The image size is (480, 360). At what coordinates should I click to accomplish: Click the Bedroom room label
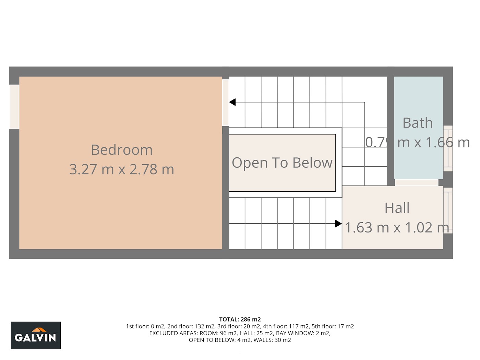coord(122,150)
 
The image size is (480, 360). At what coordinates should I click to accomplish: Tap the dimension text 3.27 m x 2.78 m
coord(122,169)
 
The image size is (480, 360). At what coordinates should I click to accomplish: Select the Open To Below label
coord(282,163)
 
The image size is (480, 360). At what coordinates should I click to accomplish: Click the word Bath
coord(418,123)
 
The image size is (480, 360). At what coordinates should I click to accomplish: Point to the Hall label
coord(397,208)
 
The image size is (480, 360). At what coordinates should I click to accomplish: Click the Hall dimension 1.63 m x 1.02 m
coord(397,227)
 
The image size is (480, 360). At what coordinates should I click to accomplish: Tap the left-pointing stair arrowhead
coord(232,102)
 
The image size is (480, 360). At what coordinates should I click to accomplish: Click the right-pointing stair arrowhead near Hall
coord(338,224)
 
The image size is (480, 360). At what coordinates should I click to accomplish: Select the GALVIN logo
coord(36,335)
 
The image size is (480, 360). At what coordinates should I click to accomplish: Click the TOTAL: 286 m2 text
coord(240,319)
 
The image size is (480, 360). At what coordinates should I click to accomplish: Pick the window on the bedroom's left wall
coord(14,107)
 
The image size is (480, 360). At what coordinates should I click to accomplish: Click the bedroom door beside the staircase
coord(226,103)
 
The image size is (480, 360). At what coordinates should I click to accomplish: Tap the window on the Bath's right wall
coord(448,148)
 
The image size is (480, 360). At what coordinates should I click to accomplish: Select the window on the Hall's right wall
coord(448,210)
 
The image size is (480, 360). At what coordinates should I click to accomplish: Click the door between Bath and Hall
coord(417,182)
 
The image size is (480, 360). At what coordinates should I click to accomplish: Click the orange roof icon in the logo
coord(39,329)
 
